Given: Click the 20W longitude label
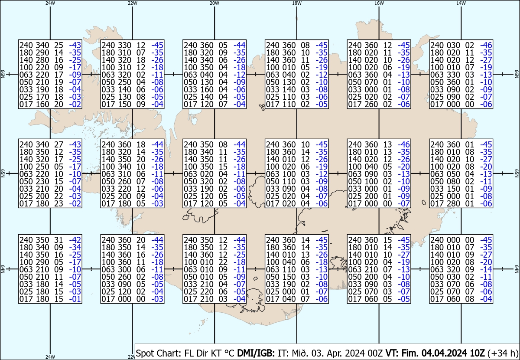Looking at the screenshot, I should coord(214,3).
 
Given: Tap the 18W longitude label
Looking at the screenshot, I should coord(297,3).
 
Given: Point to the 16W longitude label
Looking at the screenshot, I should coord(379,3).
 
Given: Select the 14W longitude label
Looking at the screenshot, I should coord(461,3).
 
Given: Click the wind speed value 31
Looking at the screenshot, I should coord(58,240).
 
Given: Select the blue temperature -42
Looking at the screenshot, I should coord(75,240).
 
